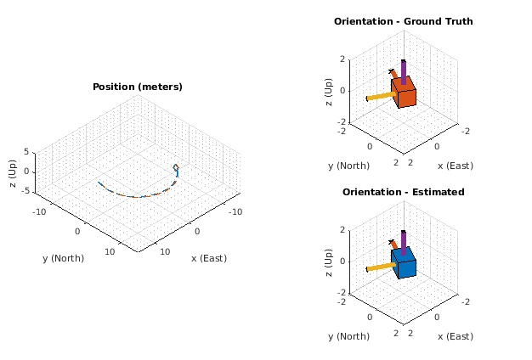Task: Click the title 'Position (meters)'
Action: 137,87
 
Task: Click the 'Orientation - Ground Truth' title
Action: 403,21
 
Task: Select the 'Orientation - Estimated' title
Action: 403,192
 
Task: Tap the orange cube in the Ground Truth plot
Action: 405,93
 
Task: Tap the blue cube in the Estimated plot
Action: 405,263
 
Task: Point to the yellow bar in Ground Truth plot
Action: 381,96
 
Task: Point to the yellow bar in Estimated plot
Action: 381,267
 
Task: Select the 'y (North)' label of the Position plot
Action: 64,257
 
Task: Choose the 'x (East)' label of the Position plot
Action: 209,257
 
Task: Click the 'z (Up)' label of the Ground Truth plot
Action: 327,90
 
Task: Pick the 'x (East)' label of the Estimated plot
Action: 455,336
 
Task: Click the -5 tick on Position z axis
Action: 27,191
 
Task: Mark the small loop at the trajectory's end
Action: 176,168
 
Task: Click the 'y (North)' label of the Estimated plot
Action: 349,336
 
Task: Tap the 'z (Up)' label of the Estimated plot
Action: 327,261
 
